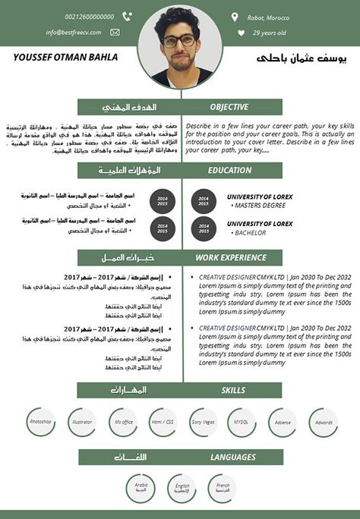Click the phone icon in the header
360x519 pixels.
[x=127, y=17]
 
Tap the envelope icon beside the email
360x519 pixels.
[x=115, y=33]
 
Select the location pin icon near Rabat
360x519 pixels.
[x=234, y=17]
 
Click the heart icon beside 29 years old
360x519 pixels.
[x=242, y=33]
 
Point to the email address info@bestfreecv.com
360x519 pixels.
[x=73, y=33]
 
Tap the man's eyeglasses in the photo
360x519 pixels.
[x=180, y=40]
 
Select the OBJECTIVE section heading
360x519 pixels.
[x=229, y=107]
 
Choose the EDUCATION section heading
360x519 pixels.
[x=229, y=171]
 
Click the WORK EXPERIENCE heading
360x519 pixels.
[x=231, y=258]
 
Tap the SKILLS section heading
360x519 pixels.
[x=232, y=390]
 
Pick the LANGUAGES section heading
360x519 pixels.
[x=232, y=457]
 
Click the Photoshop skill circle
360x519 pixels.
[x=40, y=421]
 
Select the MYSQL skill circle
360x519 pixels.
[x=242, y=421]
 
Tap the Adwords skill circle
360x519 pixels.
[x=323, y=421]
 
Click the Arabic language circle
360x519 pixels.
[x=141, y=486]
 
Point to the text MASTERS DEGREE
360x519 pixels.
[x=260, y=205]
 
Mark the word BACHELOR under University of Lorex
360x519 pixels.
[x=250, y=233]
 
